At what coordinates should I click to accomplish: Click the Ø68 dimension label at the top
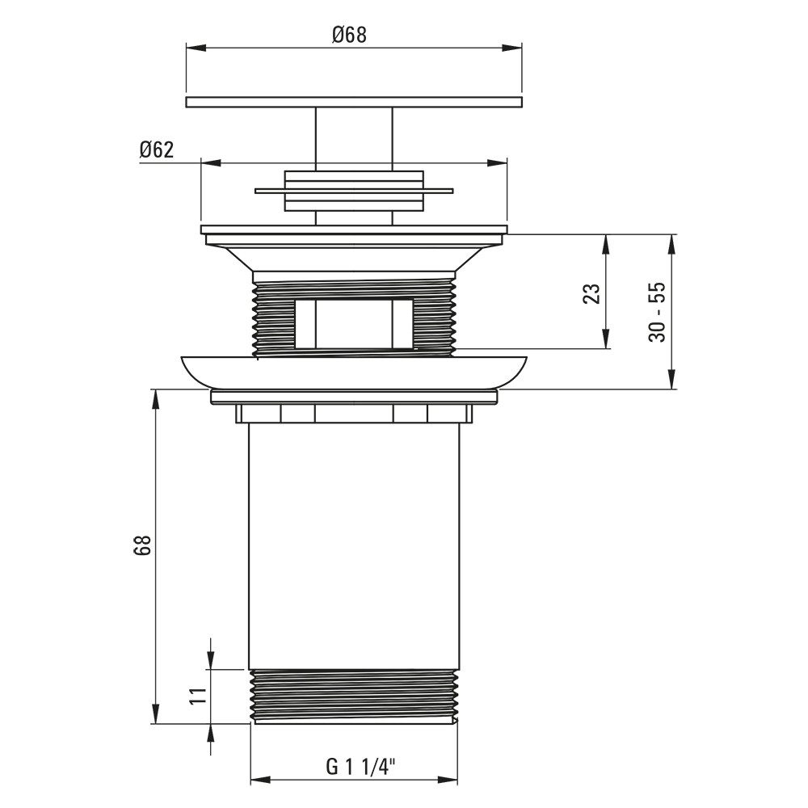(x=349, y=35)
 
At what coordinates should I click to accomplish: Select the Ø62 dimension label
(x=157, y=150)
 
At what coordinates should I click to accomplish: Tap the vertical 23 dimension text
(x=592, y=293)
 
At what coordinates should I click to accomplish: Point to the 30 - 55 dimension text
(x=657, y=312)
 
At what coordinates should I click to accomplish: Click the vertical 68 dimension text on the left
(x=141, y=545)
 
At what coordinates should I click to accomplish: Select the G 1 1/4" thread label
(x=360, y=766)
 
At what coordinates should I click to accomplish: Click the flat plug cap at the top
(x=354, y=102)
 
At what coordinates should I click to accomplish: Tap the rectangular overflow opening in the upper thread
(x=354, y=324)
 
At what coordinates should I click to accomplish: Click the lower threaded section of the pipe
(x=354, y=696)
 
